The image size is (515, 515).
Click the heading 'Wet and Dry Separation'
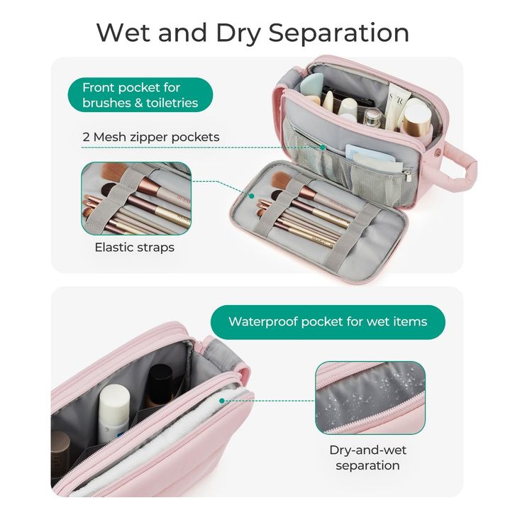(253, 33)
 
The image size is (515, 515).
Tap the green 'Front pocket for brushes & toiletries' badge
(140, 95)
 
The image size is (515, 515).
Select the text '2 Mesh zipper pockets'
(150, 137)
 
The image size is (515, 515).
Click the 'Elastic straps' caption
(135, 248)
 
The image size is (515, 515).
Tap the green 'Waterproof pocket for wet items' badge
(327, 321)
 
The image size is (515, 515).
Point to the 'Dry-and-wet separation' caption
(367, 458)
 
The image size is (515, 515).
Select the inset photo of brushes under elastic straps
(135, 198)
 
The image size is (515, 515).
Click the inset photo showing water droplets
(370, 397)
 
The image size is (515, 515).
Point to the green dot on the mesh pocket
(322, 148)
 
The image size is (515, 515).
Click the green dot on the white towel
(222, 400)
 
